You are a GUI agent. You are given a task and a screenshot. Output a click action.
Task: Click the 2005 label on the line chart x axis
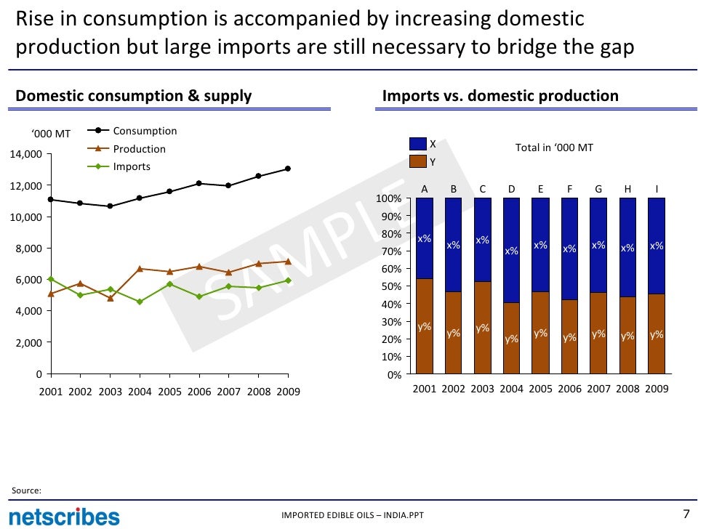click(169, 392)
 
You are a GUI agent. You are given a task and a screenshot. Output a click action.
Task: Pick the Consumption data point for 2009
click(288, 169)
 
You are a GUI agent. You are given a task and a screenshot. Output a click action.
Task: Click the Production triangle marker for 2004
click(140, 269)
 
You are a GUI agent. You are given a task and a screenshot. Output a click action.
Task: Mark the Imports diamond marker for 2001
click(50, 279)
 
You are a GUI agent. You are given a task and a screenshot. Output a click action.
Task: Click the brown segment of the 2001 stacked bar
click(424, 326)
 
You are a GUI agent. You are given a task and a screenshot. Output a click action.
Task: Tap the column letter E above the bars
click(540, 189)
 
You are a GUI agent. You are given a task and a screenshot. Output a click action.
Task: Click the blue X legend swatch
click(419, 145)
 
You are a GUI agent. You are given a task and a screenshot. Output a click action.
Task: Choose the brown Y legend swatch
click(419, 161)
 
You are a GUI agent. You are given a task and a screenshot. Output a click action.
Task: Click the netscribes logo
click(63, 516)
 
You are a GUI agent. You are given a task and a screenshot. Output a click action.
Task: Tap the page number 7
click(686, 514)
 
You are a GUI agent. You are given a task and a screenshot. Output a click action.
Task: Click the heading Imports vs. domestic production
click(500, 96)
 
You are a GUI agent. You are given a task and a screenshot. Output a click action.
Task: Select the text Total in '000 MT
click(554, 148)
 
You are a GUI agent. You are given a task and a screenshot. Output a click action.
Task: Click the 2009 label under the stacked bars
click(657, 389)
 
